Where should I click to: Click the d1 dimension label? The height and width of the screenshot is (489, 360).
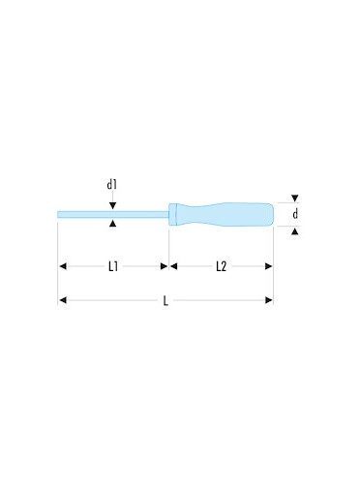[111, 185]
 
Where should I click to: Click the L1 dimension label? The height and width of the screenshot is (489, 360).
[113, 266]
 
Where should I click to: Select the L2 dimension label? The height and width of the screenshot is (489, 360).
[222, 266]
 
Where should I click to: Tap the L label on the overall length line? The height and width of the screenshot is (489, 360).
[165, 301]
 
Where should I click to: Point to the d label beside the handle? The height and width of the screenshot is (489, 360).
[295, 214]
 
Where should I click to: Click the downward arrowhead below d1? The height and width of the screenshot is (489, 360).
[112, 205]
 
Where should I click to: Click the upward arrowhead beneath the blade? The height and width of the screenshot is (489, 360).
[112, 223]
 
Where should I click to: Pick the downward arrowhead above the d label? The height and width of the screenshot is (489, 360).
[295, 199]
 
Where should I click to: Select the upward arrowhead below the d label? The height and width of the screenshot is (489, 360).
[295, 230]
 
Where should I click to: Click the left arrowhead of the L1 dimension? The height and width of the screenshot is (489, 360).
[63, 266]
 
